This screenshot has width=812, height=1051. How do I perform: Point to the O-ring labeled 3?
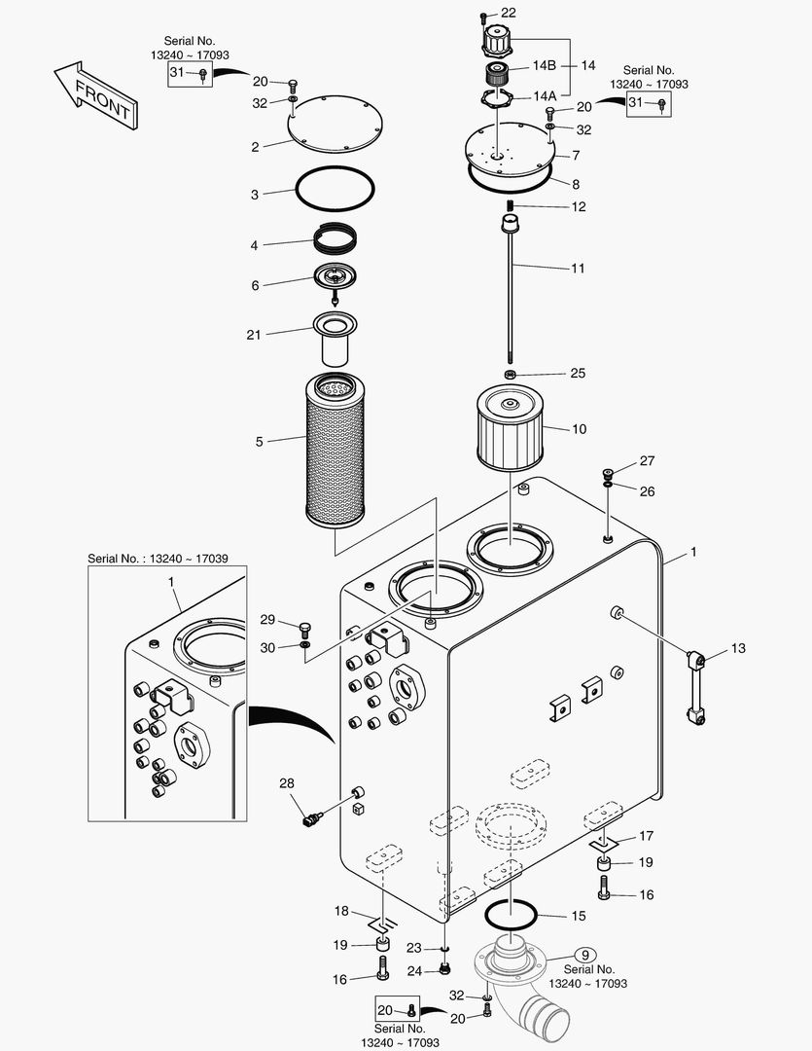point(335,188)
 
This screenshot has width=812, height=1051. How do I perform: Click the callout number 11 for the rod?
point(578,267)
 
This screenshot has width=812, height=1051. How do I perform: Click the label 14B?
point(543,65)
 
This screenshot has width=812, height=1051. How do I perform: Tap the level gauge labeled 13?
point(697,686)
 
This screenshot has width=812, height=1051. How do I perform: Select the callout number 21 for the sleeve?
point(254,334)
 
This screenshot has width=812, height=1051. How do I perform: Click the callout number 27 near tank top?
point(647,461)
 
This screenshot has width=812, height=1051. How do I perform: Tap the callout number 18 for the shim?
point(341,911)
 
